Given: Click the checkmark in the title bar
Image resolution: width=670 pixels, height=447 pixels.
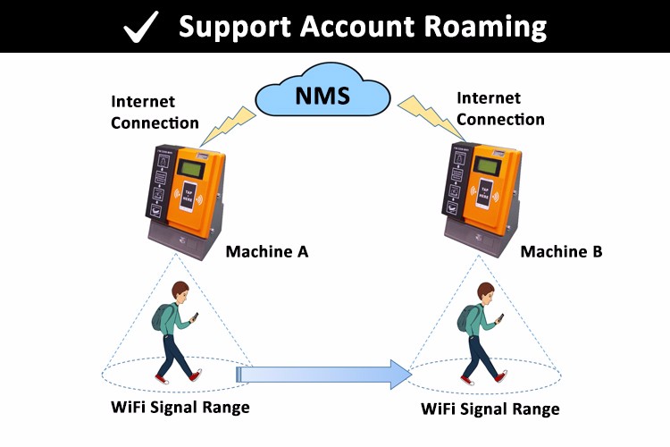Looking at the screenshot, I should (141, 26).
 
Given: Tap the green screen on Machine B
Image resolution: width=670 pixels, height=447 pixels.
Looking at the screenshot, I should (487, 166).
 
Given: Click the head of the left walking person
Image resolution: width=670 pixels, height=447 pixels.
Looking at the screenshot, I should (180, 291).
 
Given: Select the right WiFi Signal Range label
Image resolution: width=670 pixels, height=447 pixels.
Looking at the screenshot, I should (490, 409).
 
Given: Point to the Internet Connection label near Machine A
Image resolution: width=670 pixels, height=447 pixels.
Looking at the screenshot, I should (155, 113).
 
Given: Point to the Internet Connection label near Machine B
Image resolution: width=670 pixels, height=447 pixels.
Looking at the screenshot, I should (500, 108).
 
